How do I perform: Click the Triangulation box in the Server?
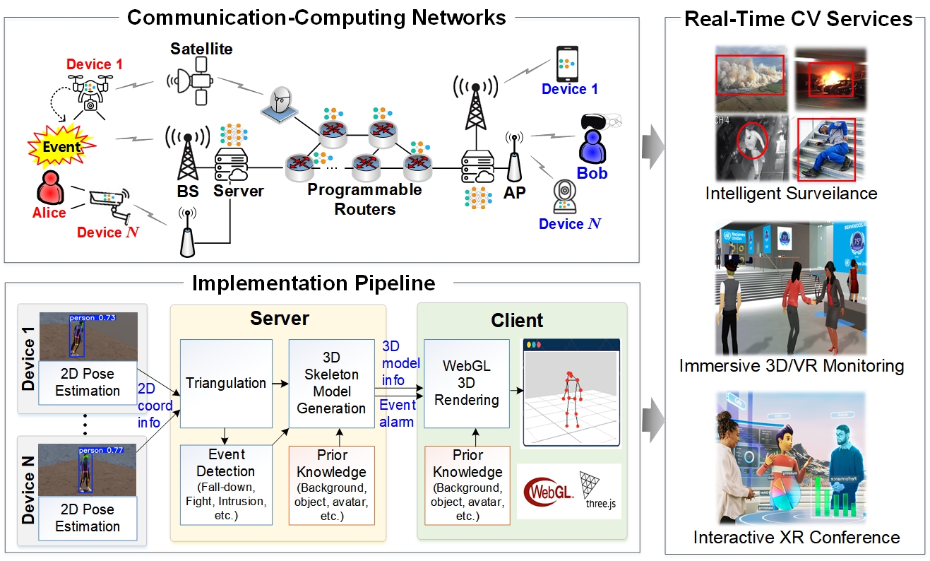[x=226, y=383]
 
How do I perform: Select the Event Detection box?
[x=226, y=485]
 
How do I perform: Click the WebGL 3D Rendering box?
[x=466, y=383]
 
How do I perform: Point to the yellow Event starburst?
[x=61, y=146]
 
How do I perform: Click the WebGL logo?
[x=548, y=490]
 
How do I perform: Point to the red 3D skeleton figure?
[x=570, y=399]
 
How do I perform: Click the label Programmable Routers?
[x=364, y=199]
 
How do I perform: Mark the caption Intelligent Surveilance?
[x=791, y=193]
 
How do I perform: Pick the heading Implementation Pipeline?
[x=314, y=283]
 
